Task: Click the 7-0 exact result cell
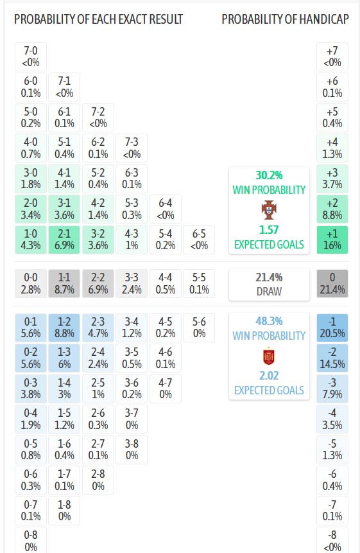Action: pos(31,57)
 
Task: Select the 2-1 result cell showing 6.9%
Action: pos(64,240)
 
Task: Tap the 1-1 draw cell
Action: pos(64,283)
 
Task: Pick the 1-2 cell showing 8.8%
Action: pos(64,328)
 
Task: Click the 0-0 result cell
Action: pos(31,283)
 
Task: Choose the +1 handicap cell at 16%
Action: pos(332,240)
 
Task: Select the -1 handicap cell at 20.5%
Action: pos(332,328)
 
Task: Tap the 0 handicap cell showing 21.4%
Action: pos(332,283)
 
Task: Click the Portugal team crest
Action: pos(269,210)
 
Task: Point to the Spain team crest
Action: pos(269,356)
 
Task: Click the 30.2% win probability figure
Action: pos(269,175)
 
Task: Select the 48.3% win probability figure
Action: pos(269,321)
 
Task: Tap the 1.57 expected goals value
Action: pos(269,230)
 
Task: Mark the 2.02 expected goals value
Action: pos(269,376)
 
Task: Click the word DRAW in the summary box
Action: pos(269,292)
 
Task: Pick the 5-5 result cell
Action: pos(199,283)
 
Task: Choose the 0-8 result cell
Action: pos(31,540)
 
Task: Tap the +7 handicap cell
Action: pos(332,57)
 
